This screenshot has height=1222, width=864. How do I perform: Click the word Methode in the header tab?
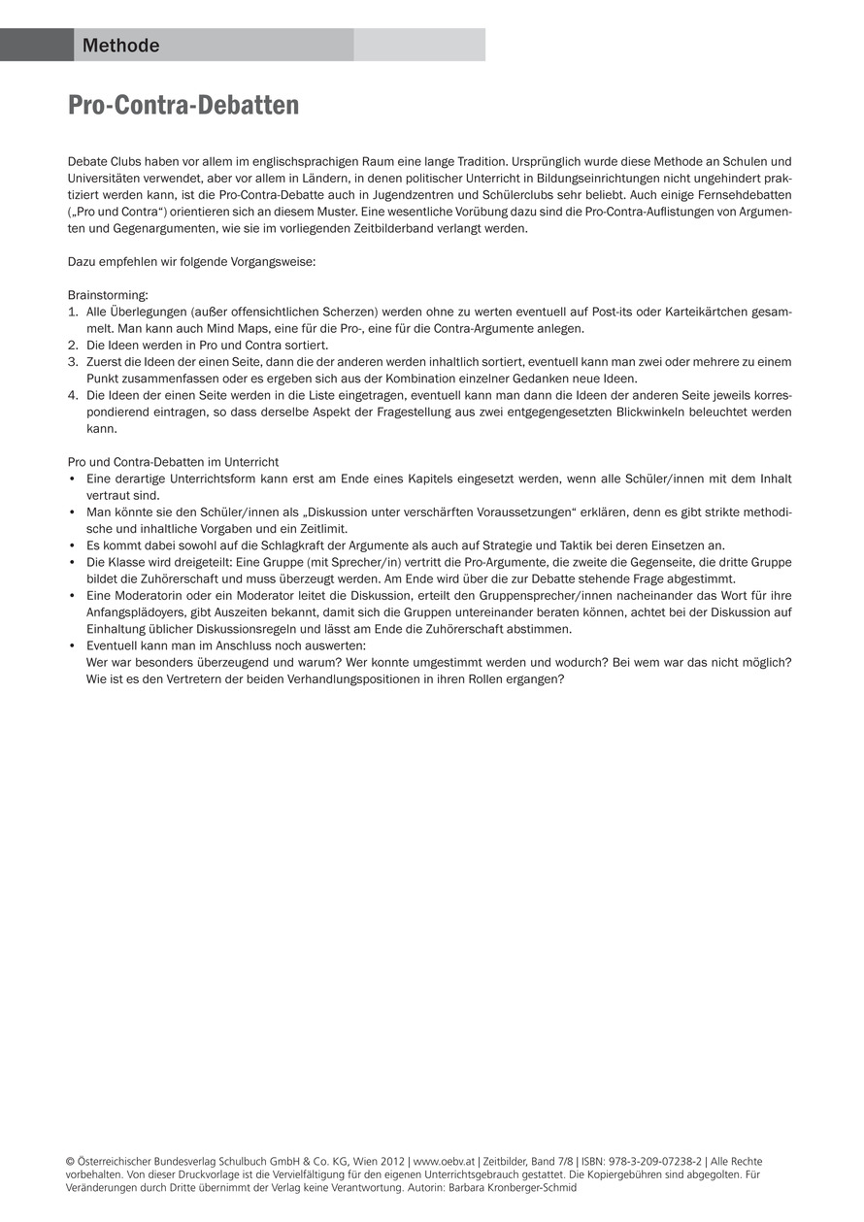[x=120, y=46]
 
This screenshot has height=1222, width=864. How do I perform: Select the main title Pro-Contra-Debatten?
[x=183, y=105]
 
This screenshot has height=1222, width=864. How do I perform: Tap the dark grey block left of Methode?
[x=37, y=45]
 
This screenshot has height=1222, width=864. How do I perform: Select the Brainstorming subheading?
[x=108, y=295]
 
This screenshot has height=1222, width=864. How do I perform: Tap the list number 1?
[x=72, y=312]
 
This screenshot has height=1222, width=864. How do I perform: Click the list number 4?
[x=72, y=395]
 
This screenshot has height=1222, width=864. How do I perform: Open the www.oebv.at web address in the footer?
[x=445, y=1161]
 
